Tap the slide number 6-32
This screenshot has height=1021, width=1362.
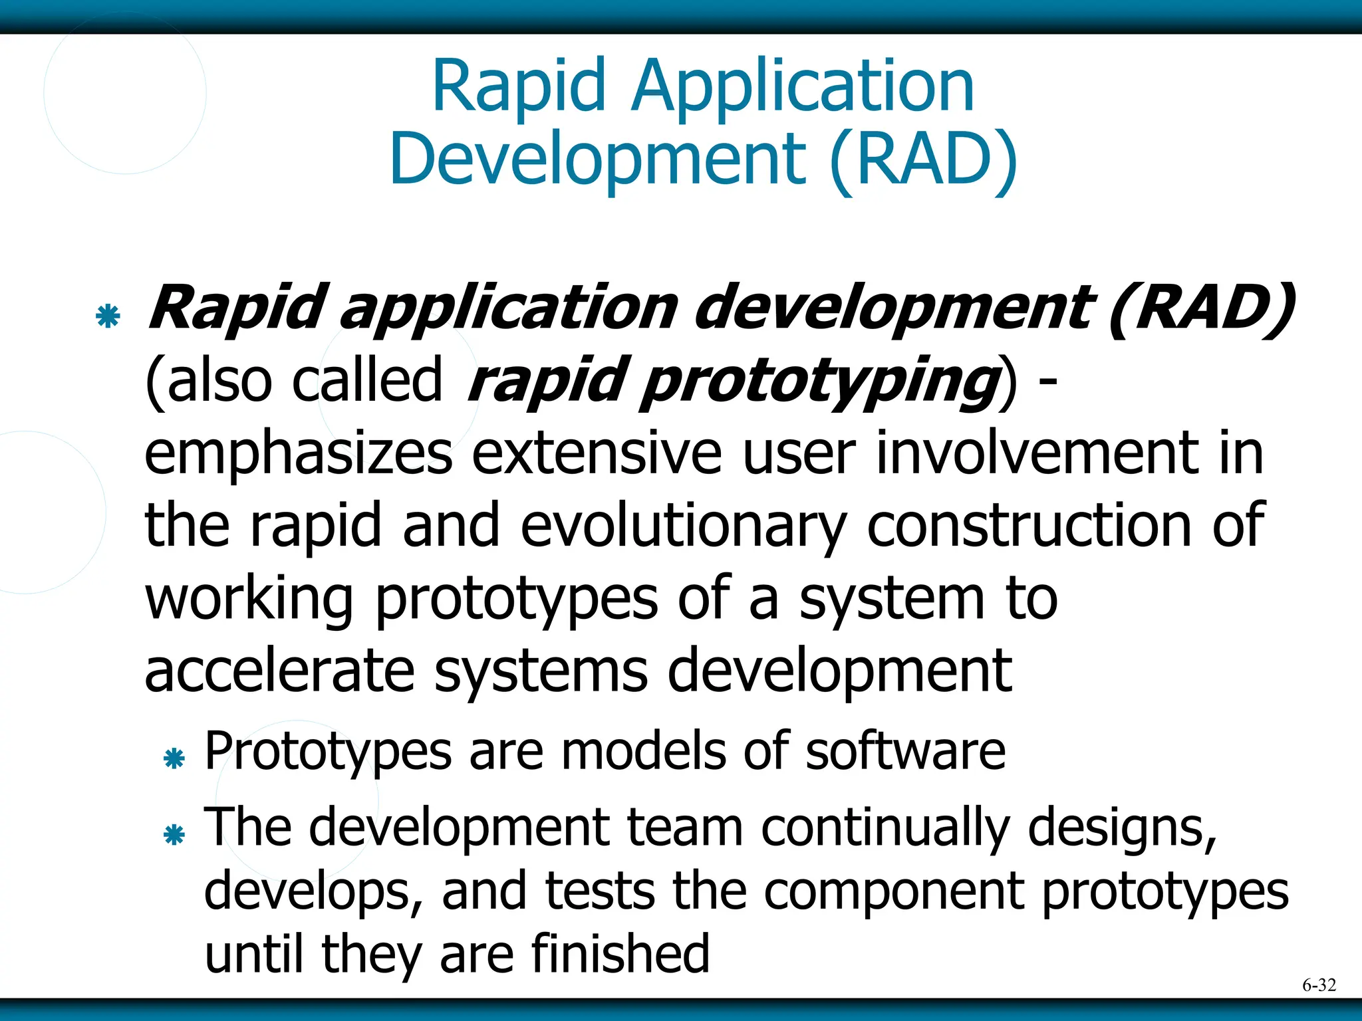1318,985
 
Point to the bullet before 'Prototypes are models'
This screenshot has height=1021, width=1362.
174,758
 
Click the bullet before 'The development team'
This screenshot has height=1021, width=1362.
174,835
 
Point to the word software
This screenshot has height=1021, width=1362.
905,751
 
